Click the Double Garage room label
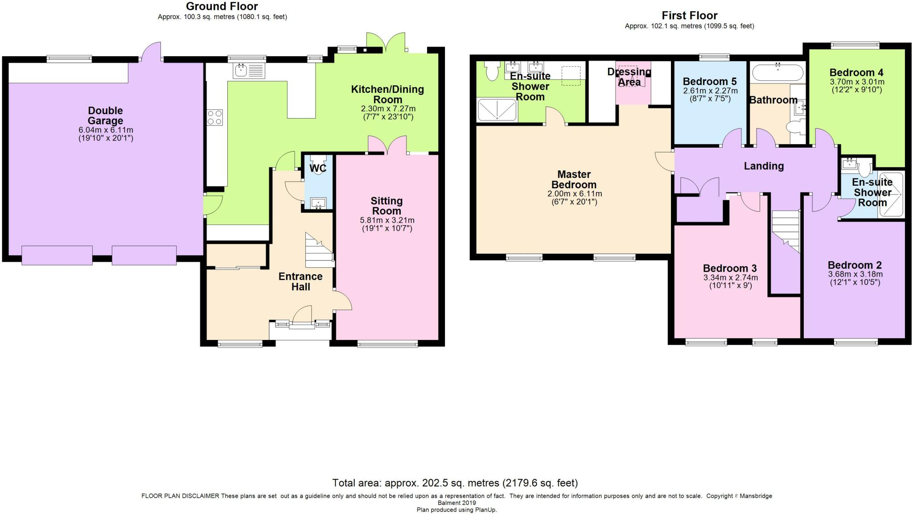(x=105, y=116)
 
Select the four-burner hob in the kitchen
(x=214, y=117)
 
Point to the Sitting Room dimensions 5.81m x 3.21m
(x=387, y=220)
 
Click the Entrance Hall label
(x=300, y=281)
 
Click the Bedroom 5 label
(x=710, y=82)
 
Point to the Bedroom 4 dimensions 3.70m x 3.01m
(x=856, y=82)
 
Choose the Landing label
(x=764, y=166)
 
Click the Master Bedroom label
(x=574, y=179)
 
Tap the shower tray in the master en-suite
(x=497, y=110)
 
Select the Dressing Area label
(x=629, y=77)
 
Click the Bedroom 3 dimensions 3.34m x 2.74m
(x=730, y=277)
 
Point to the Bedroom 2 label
(x=855, y=265)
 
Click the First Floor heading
(x=689, y=16)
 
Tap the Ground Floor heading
(x=222, y=6)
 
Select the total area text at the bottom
(x=455, y=483)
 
